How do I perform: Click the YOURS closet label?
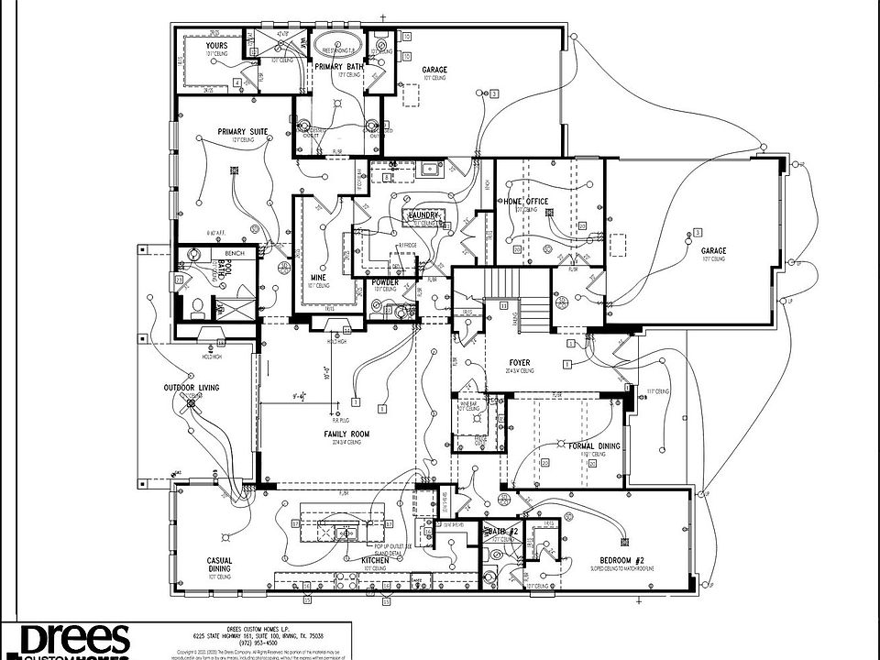tap(216, 45)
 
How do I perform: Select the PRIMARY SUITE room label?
tap(243, 132)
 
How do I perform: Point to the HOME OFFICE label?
tap(525, 202)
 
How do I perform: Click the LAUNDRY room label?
tap(425, 215)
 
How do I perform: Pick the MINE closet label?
tap(319, 276)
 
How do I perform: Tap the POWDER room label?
tap(386, 282)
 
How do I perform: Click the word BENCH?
tap(207, 252)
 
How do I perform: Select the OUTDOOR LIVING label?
tap(192, 389)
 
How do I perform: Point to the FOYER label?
tap(520, 363)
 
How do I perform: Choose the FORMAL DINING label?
tap(594, 446)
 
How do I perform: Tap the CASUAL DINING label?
tap(218, 565)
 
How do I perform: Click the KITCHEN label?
tap(370, 559)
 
